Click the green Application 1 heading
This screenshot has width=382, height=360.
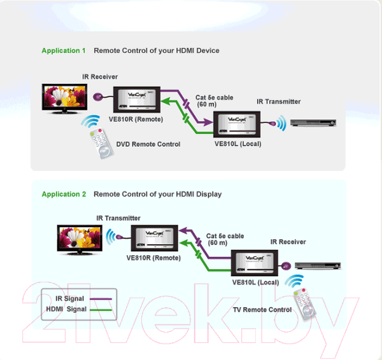(x=64, y=50)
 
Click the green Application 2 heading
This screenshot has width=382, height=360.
(x=64, y=194)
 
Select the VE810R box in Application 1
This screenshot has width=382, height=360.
(x=138, y=99)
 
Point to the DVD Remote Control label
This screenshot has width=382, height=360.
(x=148, y=144)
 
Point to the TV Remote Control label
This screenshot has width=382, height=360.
(x=262, y=310)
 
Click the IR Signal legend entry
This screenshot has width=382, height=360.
(x=71, y=298)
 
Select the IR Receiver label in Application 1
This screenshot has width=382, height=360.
(x=100, y=77)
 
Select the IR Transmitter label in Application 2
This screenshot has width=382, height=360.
(x=118, y=218)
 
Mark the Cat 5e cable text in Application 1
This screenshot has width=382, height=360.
(x=215, y=97)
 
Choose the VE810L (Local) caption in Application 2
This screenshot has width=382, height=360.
(x=255, y=282)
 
